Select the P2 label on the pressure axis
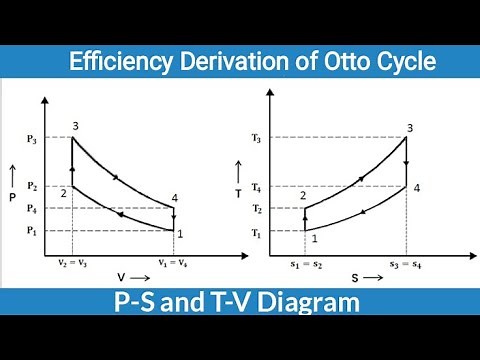(30, 186)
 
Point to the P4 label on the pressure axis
(30, 208)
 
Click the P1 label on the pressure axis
(30, 231)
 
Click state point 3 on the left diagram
(75, 126)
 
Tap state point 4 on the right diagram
(416, 188)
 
